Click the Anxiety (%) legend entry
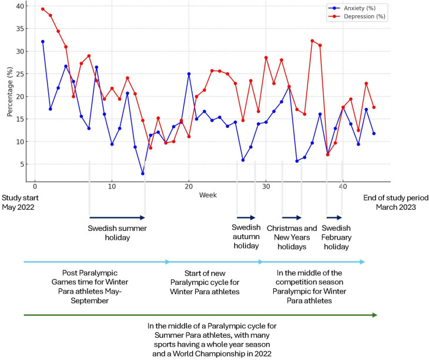click(x=353, y=8)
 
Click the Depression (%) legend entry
click(x=357, y=16)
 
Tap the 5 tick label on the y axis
click(x=22, y=164)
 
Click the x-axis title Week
click(x=208, y=195)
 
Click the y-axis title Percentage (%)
click(x=10, y=92)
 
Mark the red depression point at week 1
click(x=43, y=9)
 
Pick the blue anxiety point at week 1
click(x=43, y=42)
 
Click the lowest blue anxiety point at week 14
click(x=143, y=174)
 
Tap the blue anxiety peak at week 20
click(x=189, y=74)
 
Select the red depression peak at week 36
click(x=312, y=41)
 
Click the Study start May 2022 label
click(x=20, y=202)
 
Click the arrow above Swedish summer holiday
click(x=117, y=217)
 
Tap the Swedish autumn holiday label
click(x=246, y=237)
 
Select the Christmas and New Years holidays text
click(x=292, y=237)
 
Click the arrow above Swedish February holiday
click(x=334, y=217)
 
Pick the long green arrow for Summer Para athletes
click(x=200, y=315)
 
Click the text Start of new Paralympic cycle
click(x=205, y=278)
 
